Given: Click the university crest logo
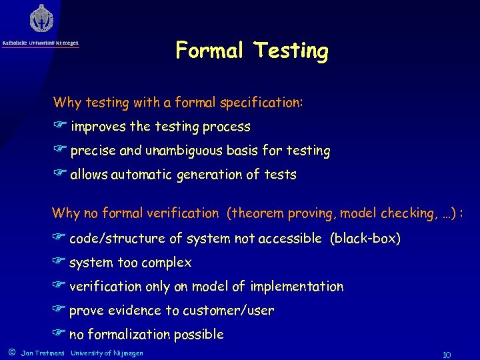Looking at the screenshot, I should [41, 19].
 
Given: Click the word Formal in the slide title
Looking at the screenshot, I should [209, 51].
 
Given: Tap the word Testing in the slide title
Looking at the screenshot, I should [291, 51].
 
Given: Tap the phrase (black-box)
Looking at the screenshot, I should [365, 239].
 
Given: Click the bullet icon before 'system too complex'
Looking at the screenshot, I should [59, 263].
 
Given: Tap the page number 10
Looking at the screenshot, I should [447, 353].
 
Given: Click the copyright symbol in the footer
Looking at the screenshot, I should [10, 353].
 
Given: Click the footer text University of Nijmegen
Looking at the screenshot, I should [107, 353].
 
